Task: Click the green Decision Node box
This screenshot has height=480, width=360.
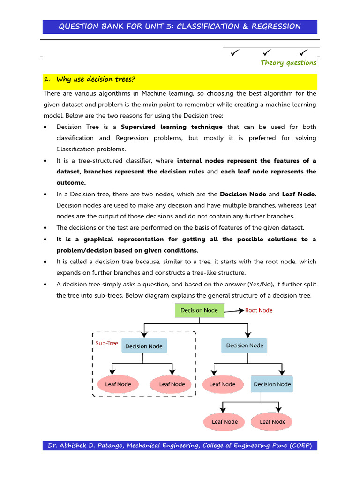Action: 199,310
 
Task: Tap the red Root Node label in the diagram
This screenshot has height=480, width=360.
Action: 259,310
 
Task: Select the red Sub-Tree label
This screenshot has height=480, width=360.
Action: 107,343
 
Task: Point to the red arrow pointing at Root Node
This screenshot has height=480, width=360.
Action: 234,310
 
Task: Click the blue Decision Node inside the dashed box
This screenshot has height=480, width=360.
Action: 144,346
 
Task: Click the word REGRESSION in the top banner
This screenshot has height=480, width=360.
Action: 276,26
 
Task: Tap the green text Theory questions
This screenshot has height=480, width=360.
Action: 288,63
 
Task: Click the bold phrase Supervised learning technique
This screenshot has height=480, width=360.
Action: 172,127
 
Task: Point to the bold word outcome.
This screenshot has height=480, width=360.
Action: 71,183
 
